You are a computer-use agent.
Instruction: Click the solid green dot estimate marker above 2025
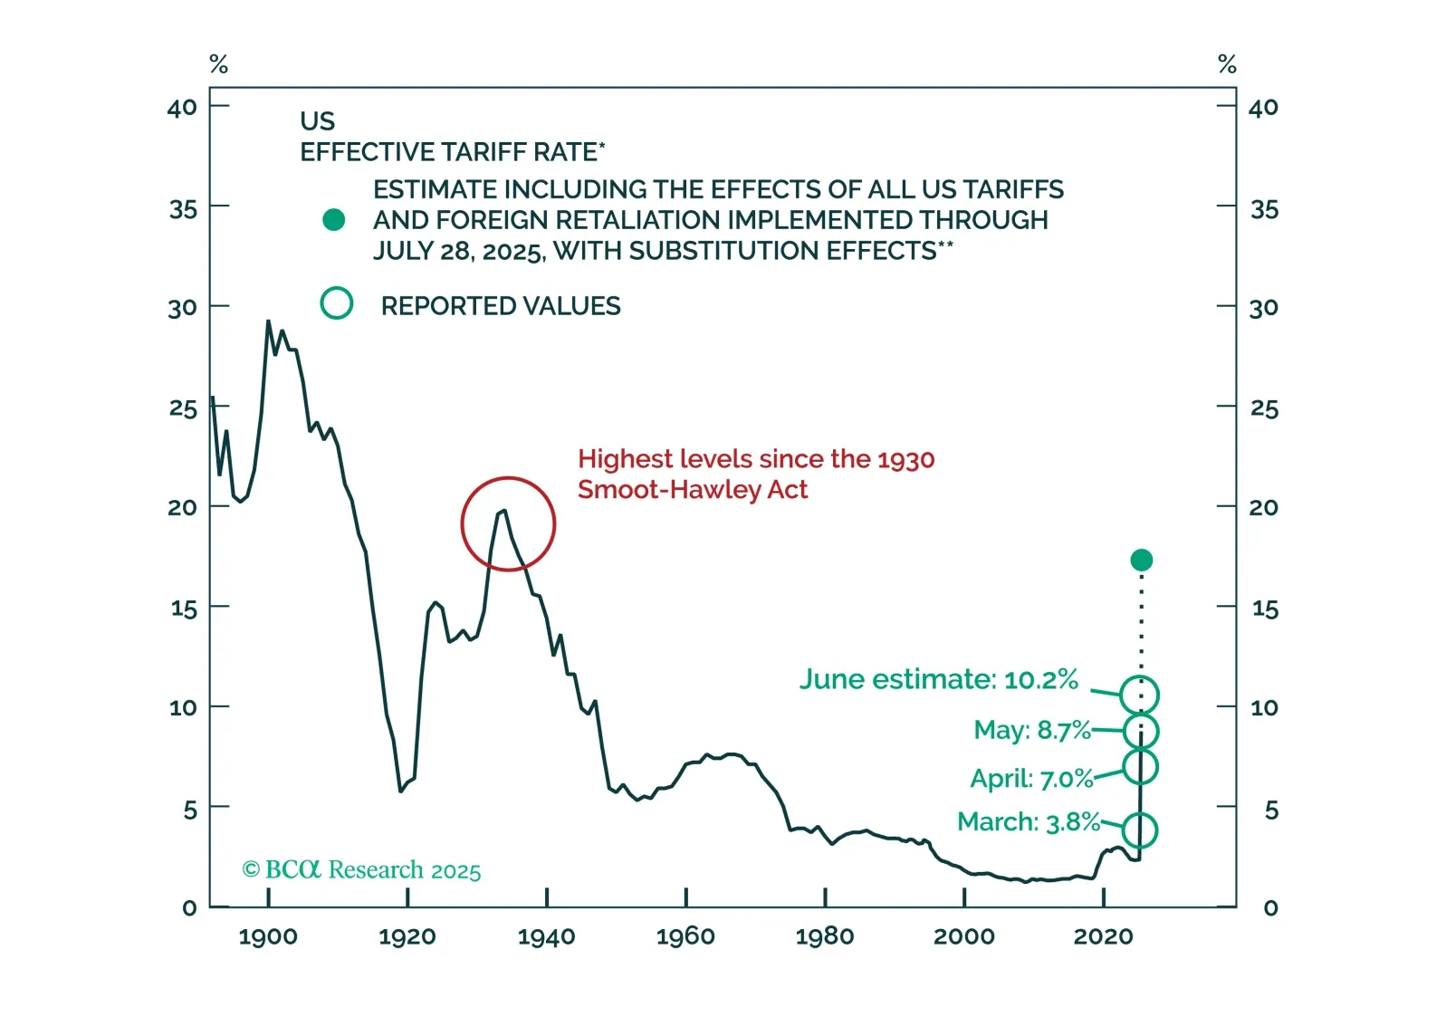pyautogui.click(x=1141, y=561)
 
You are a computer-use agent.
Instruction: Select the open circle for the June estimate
pyautogui.click(x=1139, y=695)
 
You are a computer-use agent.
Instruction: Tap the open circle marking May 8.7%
pyautogui.click(x=1140, y=731)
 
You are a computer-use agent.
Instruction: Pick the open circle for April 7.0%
pyautogui.click(x=1140, y=767)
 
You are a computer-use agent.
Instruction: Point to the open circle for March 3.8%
pyautogui.click(x=1139, y=830)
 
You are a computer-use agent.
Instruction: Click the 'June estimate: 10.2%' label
pyautogui.click(x=938, y=679)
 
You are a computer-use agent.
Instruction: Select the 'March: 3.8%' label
pyautogui.click(x=1028, y=821)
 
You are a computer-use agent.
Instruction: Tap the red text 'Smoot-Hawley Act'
pyautogui.click(x=692, y=490)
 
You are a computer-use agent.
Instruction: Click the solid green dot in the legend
pyautogui.click(x=333, y=220)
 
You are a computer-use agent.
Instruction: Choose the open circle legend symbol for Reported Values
pyautogui.click(x=337, y=303)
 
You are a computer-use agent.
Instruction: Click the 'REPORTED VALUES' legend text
pyautogui.click(x=501, y=306)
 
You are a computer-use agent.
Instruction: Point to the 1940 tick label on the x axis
pyautogui.click(x=546, y=936)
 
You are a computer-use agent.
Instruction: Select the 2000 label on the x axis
pyautogui.click(x=963, y=936)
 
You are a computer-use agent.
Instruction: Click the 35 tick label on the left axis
pyautogui.click(x=183, y=210)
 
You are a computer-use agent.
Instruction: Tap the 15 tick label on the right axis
pyautogui.click(x=1265, y=609)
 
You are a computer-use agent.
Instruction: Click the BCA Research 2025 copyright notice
pyautogui.click(x=361, y=870)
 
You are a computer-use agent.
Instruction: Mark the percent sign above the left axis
pyautogui.click(x=218, y=64)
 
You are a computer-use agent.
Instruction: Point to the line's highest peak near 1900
pyautogui.click(x=268, y=321)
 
